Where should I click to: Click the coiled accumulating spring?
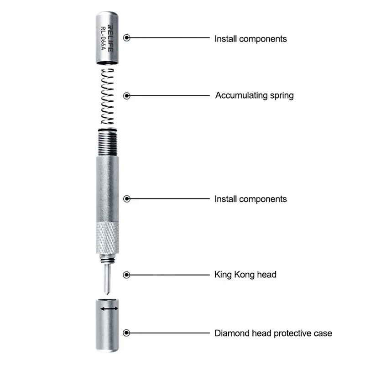click(x=108, y=96)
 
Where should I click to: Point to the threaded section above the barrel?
click(x=109, y=141)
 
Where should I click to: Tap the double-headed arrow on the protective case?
click(x=109, y=309)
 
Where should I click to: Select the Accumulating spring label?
click(x=254, y=96)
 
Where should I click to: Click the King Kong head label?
click(x=245, y=275)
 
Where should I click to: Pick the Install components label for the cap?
click(x=250, y=39)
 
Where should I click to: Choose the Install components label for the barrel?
click(x=250, y=199)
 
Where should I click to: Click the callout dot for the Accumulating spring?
click(x=127, y=96)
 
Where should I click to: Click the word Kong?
click(x=246, y=275)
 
